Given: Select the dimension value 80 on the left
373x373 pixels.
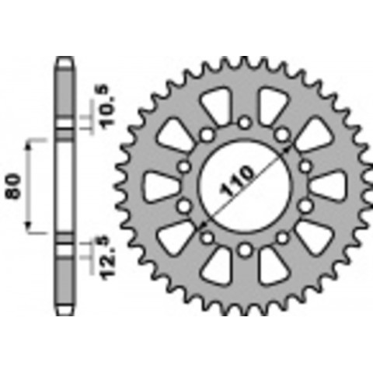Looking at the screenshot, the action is tap(14, 186).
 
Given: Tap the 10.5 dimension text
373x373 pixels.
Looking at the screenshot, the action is tap(107, 106).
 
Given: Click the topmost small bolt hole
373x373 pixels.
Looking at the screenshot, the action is tap(245, 123).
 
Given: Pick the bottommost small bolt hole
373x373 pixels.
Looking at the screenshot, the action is tap(245, 250).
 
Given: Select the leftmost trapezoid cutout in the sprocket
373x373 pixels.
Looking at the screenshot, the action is tap(160, 186).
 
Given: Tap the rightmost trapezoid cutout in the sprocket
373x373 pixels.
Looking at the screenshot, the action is tap(329, 186).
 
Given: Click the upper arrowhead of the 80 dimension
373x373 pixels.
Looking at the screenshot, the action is tap(29, 146).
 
